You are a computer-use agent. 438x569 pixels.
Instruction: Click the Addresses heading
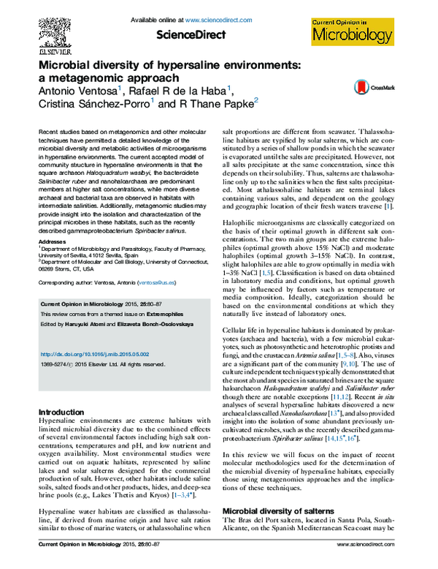(50, 240)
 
